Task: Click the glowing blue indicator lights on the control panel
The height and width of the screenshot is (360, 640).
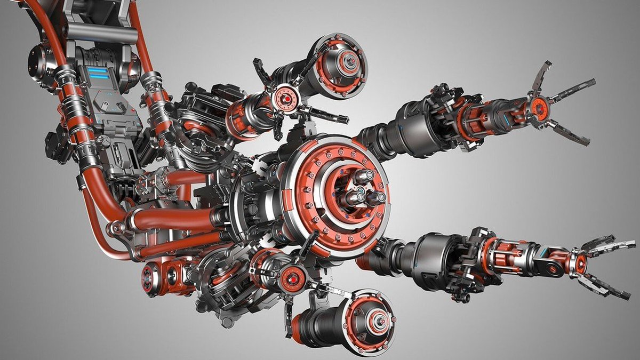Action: (97, 73)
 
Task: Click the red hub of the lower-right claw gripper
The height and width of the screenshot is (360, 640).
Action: (580, 262)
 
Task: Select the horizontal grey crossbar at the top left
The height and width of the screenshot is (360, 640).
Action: (102, 34)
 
